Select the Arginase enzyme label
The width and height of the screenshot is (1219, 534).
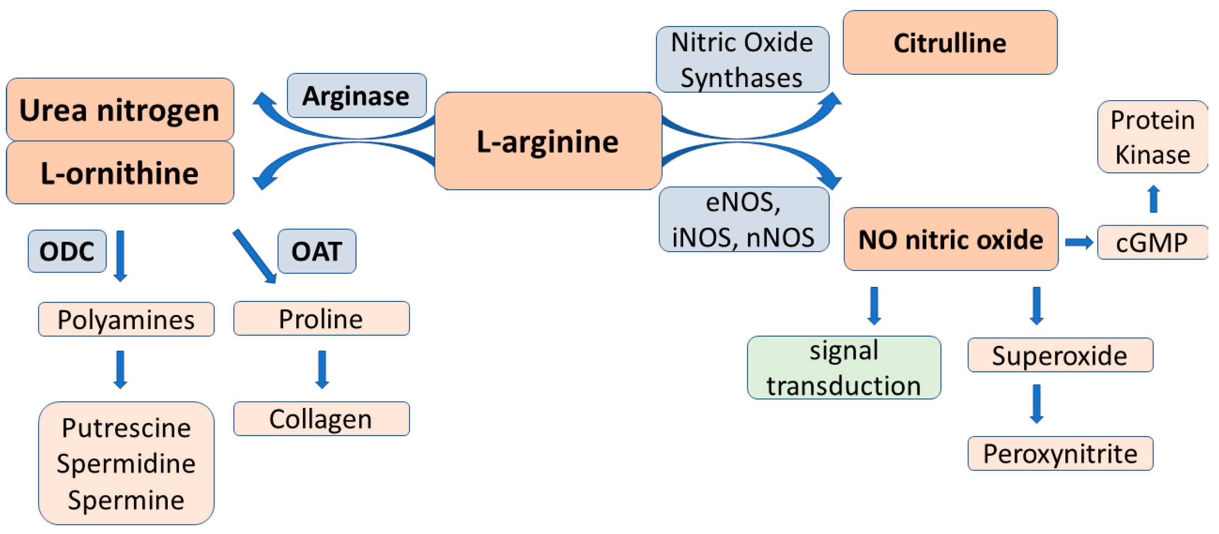pyautogui.click(x=356, y=96)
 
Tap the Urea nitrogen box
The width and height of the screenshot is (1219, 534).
pyautogui.click(x=120, y=110)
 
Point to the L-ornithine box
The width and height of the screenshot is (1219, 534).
pyautogui.click(x=120, y=173)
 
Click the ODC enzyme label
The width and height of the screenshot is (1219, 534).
pyautogui.click(x=67, y=251)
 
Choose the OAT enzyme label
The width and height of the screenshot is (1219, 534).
pyautogui.click(x=317, y=251)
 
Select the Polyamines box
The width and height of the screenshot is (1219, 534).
pyautogui.click(x=126, y=319)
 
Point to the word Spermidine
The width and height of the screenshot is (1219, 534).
pyautogui.click(x=126, y=464)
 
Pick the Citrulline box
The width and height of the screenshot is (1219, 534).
pyautogui.click(x=950, y=43)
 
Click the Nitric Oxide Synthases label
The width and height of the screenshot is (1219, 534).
pyautogui.click(x=742, y=59)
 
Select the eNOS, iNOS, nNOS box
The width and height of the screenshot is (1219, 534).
pyautogui.click(x=743, y=219)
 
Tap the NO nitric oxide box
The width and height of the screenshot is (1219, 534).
pyautogui.click(x=951, y=239)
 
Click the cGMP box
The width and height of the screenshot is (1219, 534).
pyautogui.click(x=1151, y=243)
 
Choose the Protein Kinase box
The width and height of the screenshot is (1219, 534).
pyautogui.click(x=1152, y=137)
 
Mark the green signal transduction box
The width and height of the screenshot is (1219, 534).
pyautogui.click(x=844, y=367)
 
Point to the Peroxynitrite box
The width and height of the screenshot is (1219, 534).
pyautogui.click(x=1060, y=454)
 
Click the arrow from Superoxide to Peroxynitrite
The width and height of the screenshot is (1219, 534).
pyautogui.click(x=1036, y=403)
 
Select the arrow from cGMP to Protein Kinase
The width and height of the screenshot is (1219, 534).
pyautogui.click(x=1154, y=199)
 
